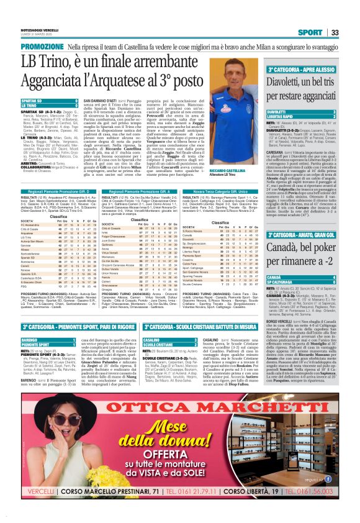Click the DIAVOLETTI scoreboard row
pyautogui.click(x=300, y=111)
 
